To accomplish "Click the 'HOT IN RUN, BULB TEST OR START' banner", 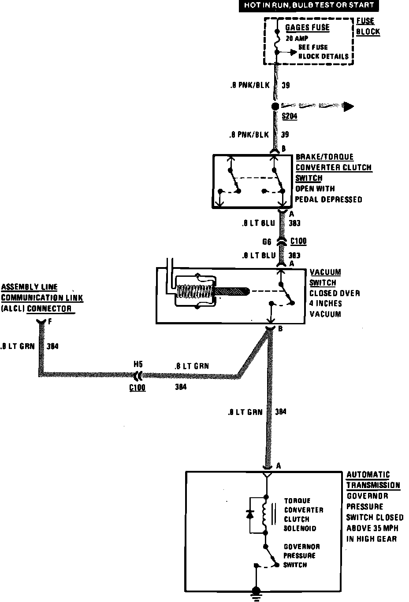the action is (309, 6).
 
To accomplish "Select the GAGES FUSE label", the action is (307, 27).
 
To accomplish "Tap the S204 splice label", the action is (290, 116).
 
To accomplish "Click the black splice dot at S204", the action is (275, 106).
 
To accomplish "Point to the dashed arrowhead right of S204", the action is (349, 106).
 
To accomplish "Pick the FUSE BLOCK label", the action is (368, 26).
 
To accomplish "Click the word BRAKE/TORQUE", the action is (324, 157).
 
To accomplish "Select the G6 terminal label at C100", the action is (267, 242).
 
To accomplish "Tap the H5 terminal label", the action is (138, 364).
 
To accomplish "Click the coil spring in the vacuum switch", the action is (195, 292).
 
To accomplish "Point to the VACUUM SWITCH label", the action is (325, 277).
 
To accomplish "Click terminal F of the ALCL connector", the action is (41, 322).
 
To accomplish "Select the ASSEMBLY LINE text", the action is (30, 287).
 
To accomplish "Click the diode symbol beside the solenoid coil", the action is (250, 514).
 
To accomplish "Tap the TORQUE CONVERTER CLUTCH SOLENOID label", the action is (304, 514).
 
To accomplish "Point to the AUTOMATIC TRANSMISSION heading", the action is (373, 480).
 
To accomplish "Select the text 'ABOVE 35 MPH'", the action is (372, 528).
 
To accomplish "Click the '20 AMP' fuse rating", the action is (297, 38).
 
